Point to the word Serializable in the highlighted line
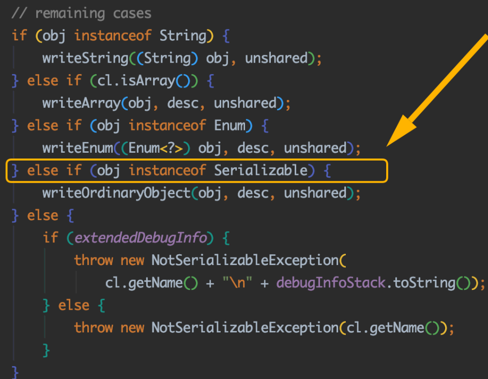pos(261,171)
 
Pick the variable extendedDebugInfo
pos(141,238)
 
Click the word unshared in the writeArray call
pos(245,103)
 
